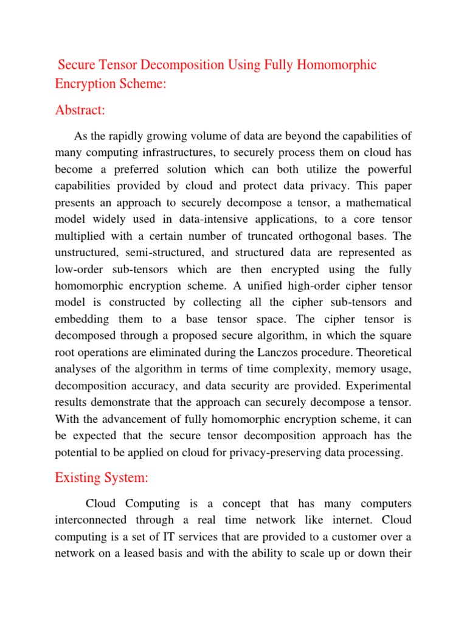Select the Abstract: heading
pos(80,110)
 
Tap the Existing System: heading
pos(102,478)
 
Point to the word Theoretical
pos(376,353)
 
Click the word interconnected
pos(91,520)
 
